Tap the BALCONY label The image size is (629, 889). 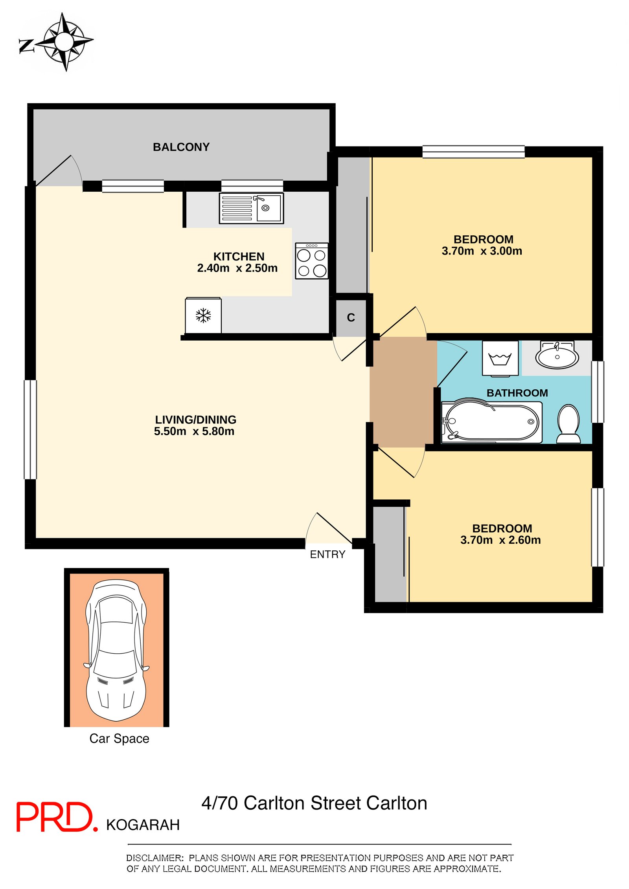point(181,147)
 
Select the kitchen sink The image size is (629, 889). point(251,208)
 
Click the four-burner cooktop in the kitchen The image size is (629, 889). point(312,261)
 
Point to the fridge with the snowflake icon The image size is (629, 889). point(203,315)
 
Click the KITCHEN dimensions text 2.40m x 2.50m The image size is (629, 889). point(237,268)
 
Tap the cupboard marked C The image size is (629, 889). point(351,318)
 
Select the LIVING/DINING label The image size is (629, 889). point(195,420)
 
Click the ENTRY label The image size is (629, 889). point(327,554)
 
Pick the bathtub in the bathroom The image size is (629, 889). point(491,422)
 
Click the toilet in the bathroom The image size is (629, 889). point(568,424)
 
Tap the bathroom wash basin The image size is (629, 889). point(557,355)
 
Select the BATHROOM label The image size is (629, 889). point(517,393)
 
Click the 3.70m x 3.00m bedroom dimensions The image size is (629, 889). point(482,251)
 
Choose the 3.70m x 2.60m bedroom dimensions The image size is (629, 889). point(500,540)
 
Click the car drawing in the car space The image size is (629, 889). point(116,651)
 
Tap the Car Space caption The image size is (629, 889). point(119,739)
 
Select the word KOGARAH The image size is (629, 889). point(143,825)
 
